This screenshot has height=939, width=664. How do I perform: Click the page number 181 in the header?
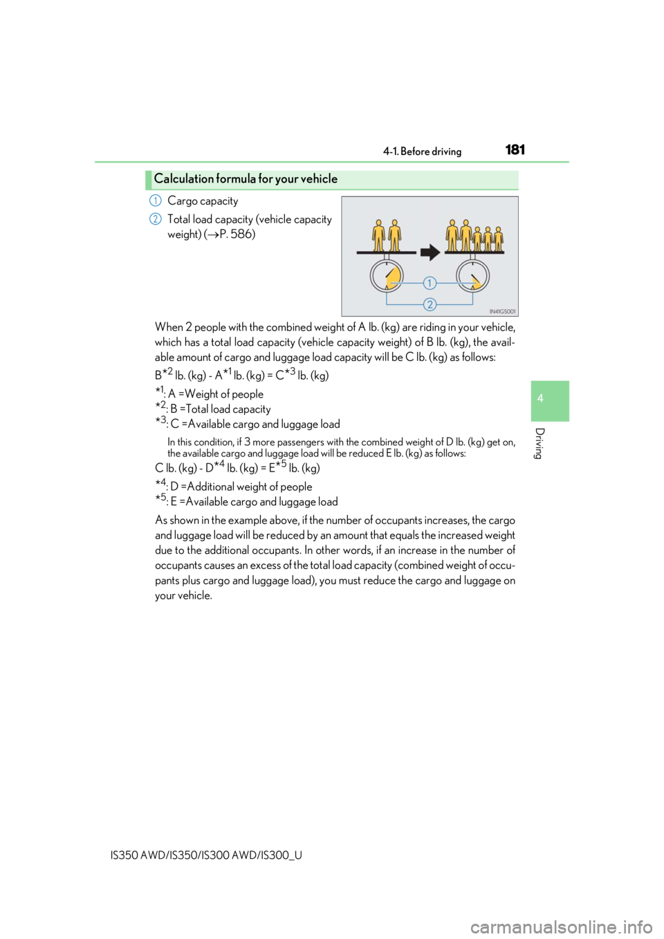click(x=515, y=149)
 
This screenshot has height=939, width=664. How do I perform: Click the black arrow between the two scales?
click(x=430, y=253)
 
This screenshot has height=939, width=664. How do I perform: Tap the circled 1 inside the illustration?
click(x=430, y=283)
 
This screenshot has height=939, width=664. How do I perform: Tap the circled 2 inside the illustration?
click(x=430, y=304)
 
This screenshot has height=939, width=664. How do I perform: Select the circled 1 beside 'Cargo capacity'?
click(x=155, y=201)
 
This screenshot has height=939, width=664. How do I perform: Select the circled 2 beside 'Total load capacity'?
click(x=155, y=219)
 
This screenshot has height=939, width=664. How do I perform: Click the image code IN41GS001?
click(x=502, y=312)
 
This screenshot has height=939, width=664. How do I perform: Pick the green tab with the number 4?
click(x=550, y=401)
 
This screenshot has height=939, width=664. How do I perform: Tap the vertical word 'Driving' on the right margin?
click(x=540, y=443)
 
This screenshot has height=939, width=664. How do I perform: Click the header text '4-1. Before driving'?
click(x=422, y=151)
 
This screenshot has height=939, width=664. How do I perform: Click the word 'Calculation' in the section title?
click(x=183, y=179)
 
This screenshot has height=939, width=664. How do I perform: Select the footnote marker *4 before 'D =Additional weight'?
click(x=160, y=483)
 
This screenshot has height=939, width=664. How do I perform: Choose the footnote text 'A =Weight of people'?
click(x=216, y=394)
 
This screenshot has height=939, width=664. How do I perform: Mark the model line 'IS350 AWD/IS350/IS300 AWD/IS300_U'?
click(x=206, y=855)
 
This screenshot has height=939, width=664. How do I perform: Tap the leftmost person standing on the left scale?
click(x=379, y=235)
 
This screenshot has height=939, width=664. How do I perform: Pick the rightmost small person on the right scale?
click(x=498, y=239)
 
